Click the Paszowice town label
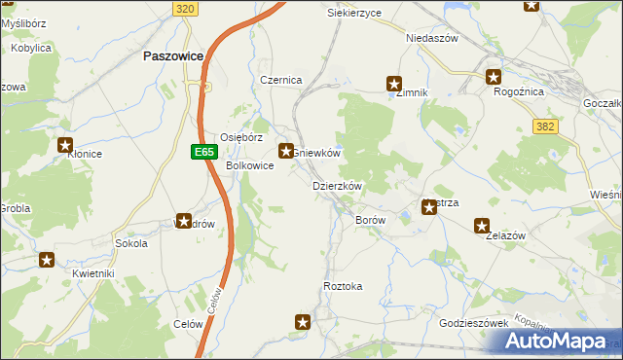[x=172, y=56]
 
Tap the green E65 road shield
[x=202, y=152]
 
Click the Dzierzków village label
[x=337, y=185]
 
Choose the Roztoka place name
[x=343, y=286]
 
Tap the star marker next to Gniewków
[x=286, y=151]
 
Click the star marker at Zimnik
[x=394, y=84]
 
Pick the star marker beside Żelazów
[x=482, y=226]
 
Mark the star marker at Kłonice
[x=65, y=146]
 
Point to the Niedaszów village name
[x=431, y=38]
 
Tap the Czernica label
[x=280, y=80]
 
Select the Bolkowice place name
[x=249, y=165]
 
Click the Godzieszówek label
[x=474, y=322]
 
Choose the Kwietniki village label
[x=92, y=273]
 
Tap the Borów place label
[x=370, y=221]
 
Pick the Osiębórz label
[x=241, y=137]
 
